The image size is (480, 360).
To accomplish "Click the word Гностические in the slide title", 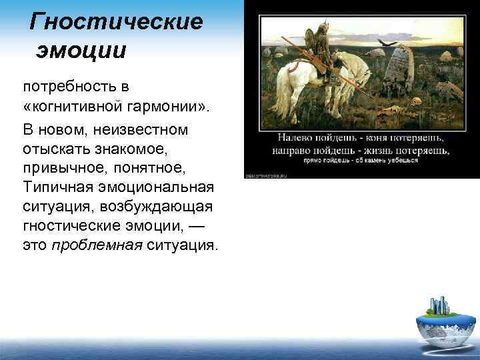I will tap(117, 22).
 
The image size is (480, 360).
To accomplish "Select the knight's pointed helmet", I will tap(311, 30).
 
